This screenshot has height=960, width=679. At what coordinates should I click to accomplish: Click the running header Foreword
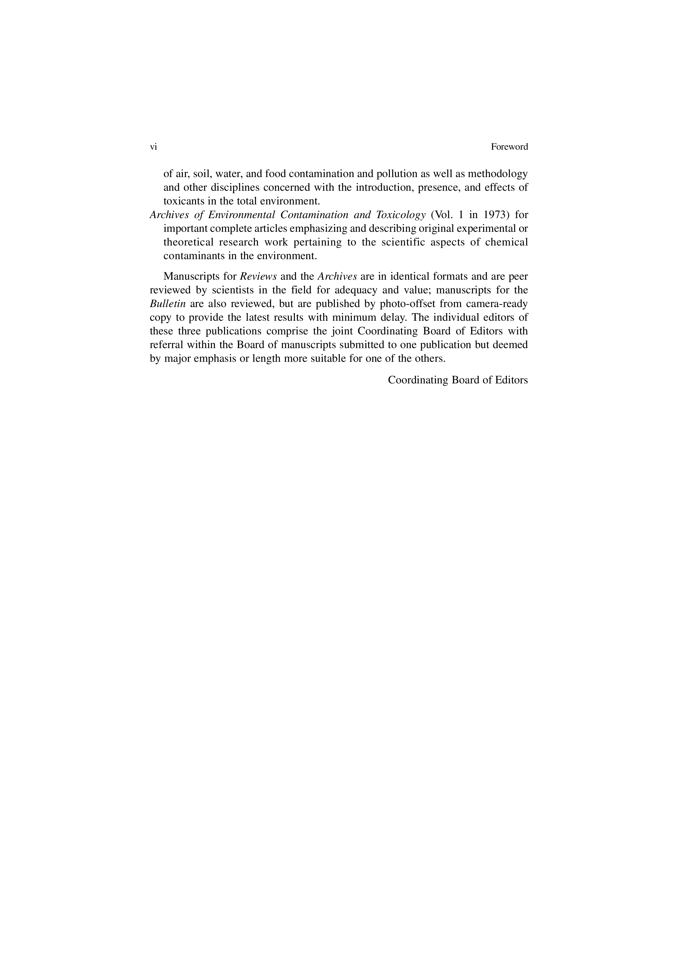point(509,147)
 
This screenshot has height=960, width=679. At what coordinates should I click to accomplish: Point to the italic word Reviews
point(258,277)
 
